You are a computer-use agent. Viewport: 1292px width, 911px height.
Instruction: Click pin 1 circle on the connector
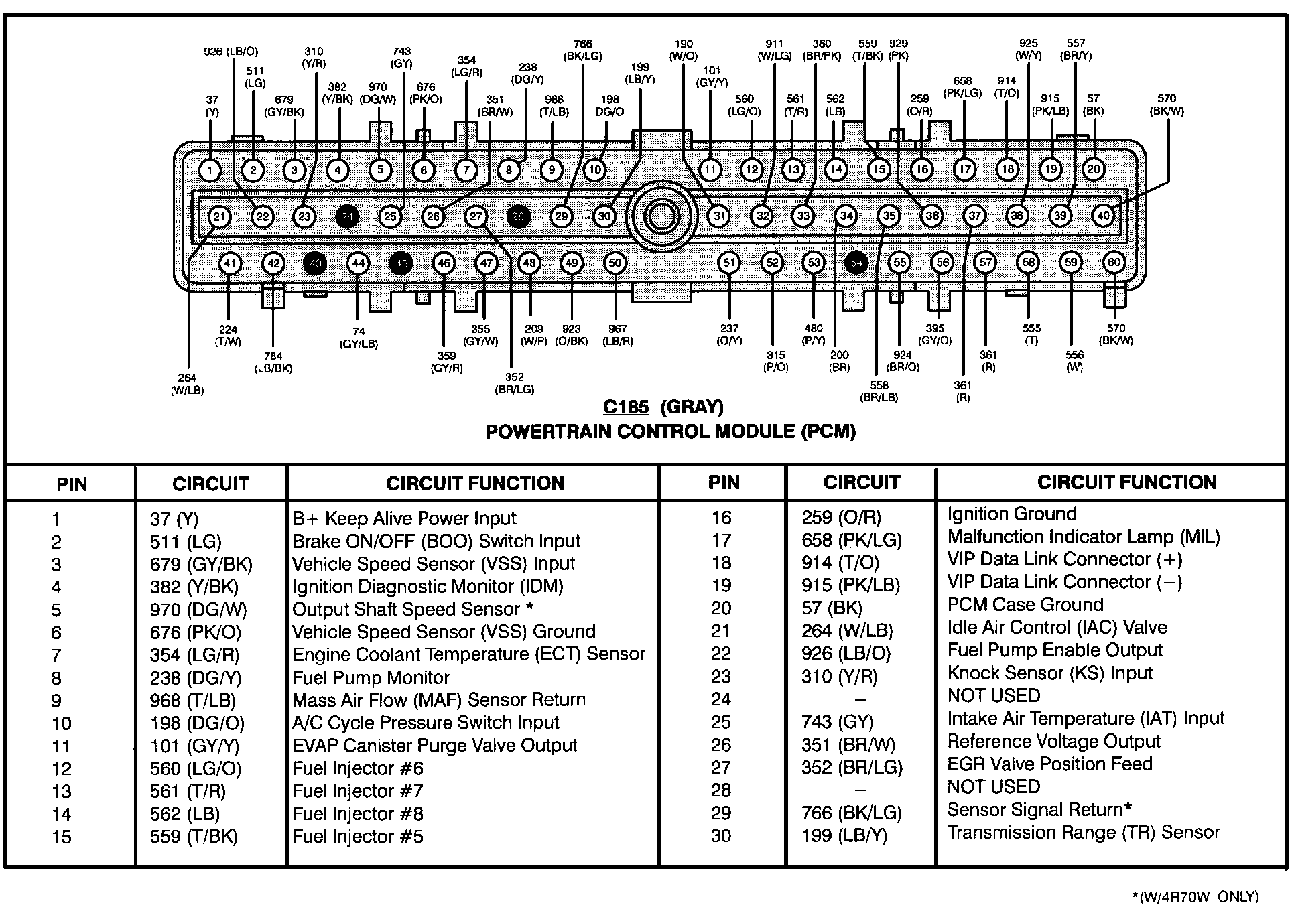pyautogui.click(x=210, y=171)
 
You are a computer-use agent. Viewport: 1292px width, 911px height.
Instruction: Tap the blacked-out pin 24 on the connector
pyautogui.click(x=347, y=216)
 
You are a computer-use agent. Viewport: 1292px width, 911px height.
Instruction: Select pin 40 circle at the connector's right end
pyautogui.click(x=1103, y=216)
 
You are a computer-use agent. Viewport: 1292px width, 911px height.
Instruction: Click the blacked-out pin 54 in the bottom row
pyautogui.click(x=856, y=263)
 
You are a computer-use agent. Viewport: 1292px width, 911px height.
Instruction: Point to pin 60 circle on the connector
pyautogui.click(x=1114, y=263)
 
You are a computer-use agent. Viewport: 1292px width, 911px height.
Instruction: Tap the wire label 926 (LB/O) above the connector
pyautogui.click(x=231, y=52)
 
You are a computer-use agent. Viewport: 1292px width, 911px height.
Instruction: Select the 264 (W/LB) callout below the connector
pyautogui.click(x=188, y=384)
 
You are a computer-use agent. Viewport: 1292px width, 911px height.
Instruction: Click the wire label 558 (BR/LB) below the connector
pyautogui.click(x=879, y=391)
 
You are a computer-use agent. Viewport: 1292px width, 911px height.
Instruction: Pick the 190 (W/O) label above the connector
pyautogui.click(x=684, y=50)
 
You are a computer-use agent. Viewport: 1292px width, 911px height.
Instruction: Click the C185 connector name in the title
pyautogui.click(x=626, y=407)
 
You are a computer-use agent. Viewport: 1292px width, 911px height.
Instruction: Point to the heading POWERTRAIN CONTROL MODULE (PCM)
pyautogui.click(x=670, y=432)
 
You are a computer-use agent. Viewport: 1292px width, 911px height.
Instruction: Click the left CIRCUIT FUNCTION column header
pyautogui.click(x=475, y=483)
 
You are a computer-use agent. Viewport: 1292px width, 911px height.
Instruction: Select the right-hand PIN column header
pyautogui.click(x=724, y=482)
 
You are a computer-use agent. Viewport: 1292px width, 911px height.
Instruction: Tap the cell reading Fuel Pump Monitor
pyautogui.click(x=371, y=677)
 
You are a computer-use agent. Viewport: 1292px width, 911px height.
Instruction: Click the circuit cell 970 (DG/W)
pyautogui.click(x=198, y=610)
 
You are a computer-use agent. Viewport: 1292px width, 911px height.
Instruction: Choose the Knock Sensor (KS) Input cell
pyautogui.click(x=1049, y=673)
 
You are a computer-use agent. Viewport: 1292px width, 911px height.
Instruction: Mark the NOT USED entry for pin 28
pyautogui.click(x=993, y=786)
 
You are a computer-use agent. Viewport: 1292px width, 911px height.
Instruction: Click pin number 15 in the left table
pyautogui.click(x=62, y=837)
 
